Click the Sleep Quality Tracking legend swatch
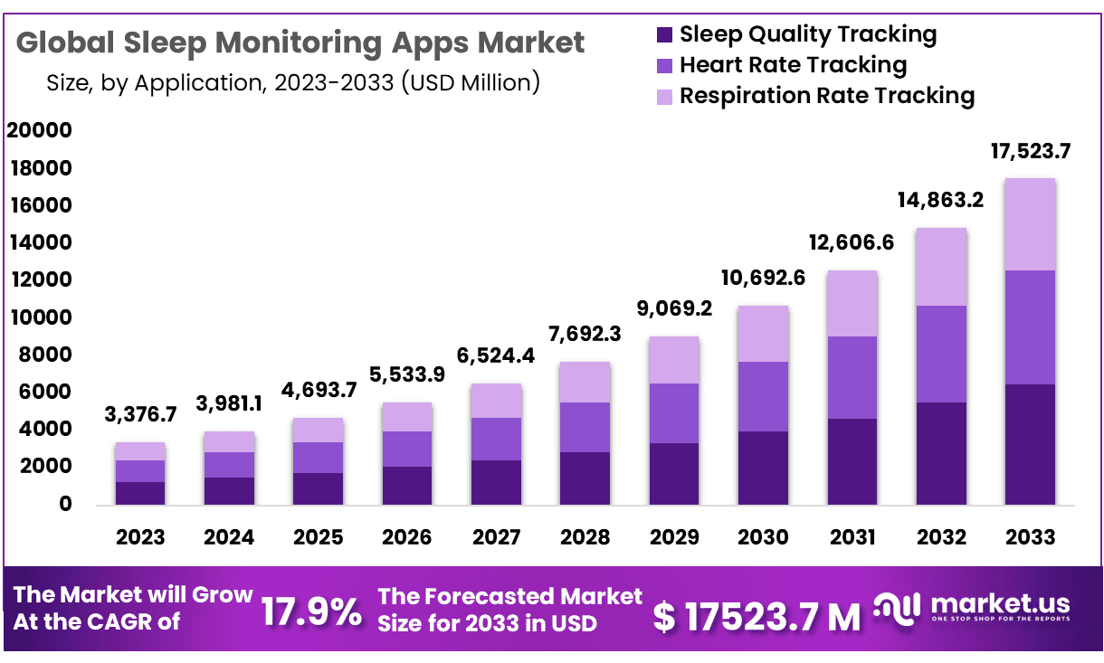point(664,36)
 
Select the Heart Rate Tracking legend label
point(793,65)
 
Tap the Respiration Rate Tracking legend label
point(826,95)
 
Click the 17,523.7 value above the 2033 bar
point(1030,152)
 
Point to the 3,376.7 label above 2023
point(140,416)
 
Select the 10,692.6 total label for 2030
point(763,279)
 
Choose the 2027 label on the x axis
point(496,537)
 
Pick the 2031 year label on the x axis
point(852,537)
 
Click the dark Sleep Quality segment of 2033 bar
point(1030,444)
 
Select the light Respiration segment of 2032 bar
point(941,267)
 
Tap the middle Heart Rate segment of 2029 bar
point(674,413)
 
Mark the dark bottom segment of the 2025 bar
point(318,488)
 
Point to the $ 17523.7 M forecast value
point(757,616)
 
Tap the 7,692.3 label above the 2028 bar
point(585,333)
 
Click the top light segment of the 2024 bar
point(229,441)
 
